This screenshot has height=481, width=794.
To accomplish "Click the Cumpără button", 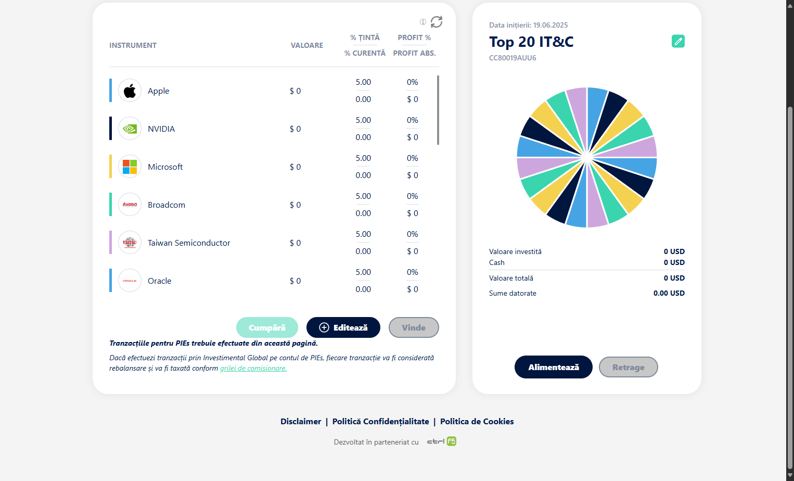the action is point(267,327).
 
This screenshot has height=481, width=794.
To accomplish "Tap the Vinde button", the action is point(414,327).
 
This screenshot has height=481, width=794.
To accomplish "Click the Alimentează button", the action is point(553,367).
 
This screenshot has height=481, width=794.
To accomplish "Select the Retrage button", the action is point(628,367).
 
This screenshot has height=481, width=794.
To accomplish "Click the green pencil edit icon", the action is point(678,41).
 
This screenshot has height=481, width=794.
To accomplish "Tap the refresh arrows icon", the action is point(437,22).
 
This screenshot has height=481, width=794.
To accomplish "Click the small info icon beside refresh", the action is point(423,22).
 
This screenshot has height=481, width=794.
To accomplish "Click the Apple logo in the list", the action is point(130,91).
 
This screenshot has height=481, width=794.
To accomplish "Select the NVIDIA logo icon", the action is point(130,129).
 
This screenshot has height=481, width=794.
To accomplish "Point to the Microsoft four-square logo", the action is point(130,167).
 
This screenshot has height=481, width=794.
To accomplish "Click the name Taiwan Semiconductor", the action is point(189,243).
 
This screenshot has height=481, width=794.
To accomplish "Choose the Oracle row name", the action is point(160,281).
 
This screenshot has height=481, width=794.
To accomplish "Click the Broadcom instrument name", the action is point(167,205).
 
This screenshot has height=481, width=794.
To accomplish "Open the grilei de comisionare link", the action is point(253,368).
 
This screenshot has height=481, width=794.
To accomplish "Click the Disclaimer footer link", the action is point(301,422).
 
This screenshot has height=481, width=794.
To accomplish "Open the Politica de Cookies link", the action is point(477,422).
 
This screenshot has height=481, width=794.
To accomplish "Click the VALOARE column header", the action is point(307,45).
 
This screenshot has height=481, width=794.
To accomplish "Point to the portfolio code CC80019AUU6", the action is point(513,58).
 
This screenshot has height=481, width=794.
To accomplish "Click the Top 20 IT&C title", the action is point(531,42).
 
